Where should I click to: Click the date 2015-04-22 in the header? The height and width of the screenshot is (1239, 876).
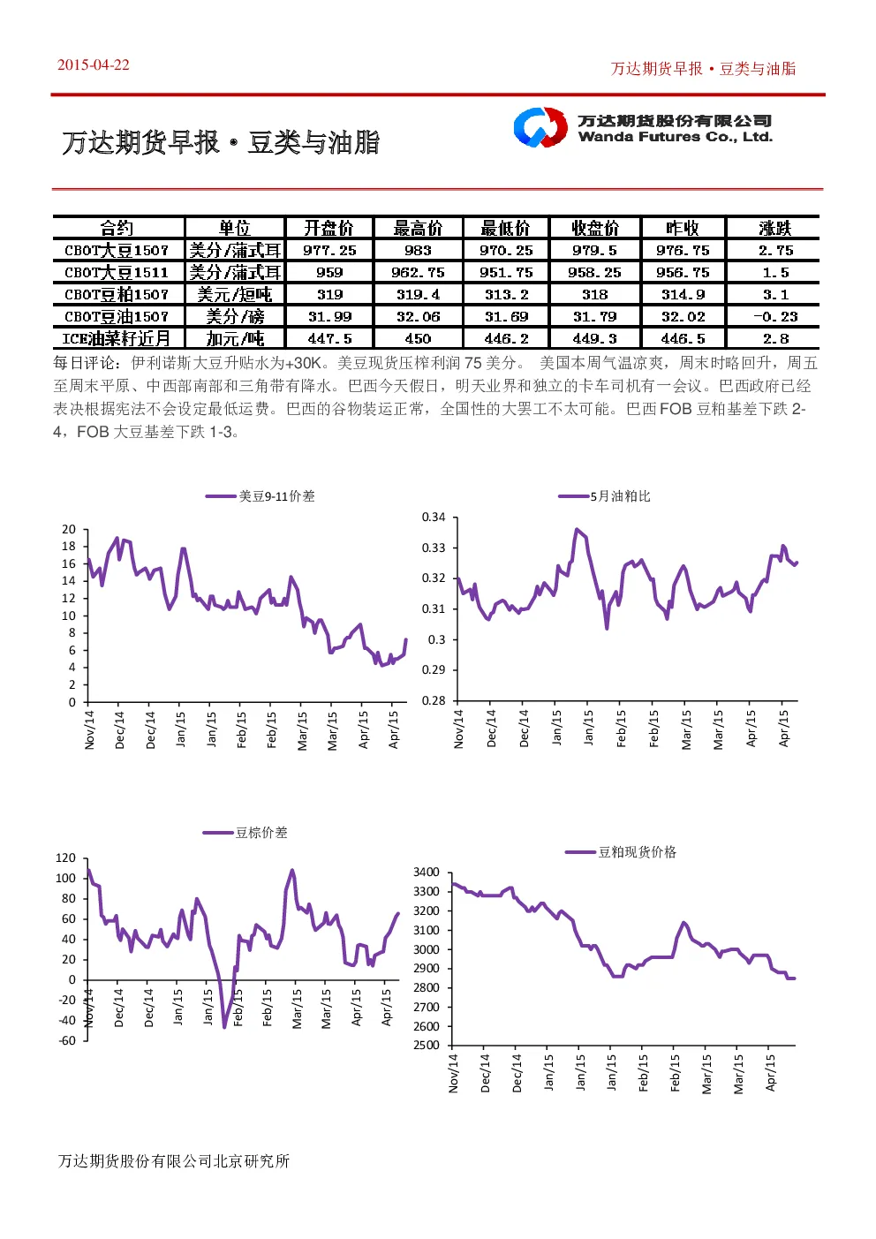93,64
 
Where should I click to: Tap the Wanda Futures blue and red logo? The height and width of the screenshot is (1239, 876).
540,127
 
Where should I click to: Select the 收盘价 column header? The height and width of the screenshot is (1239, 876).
594,227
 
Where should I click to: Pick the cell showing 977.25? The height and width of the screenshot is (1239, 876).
329,250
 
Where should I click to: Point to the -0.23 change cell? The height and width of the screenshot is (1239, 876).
775,316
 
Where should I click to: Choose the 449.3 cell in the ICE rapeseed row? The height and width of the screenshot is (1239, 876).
594,338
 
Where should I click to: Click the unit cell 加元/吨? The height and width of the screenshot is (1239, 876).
235,338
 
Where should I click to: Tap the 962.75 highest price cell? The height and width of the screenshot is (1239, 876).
418,272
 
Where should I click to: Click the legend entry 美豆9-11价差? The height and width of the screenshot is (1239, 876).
260,496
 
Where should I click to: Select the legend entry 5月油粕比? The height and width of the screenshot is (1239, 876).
604,496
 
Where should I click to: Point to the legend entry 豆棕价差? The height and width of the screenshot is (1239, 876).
245,833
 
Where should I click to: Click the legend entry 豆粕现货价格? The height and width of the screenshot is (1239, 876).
621,852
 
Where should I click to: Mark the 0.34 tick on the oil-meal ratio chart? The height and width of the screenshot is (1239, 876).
434,518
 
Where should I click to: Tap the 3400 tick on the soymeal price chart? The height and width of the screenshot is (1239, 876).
427,873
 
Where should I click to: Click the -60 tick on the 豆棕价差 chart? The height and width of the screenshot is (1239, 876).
67,1040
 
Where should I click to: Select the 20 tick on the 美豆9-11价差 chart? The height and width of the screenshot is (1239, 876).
69,529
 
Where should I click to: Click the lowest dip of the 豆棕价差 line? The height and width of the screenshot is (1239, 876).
224,1027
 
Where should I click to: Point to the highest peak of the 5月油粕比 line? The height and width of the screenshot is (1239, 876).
577,529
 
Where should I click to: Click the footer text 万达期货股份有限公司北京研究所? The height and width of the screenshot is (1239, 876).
174,1161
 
